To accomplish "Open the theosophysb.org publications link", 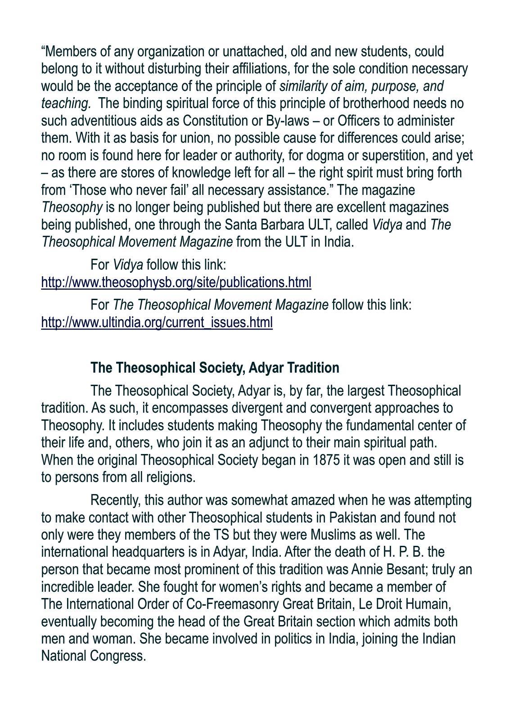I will [176, 282].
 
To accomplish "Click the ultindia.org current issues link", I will [157, 322].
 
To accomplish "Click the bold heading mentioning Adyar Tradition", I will [215, 368].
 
